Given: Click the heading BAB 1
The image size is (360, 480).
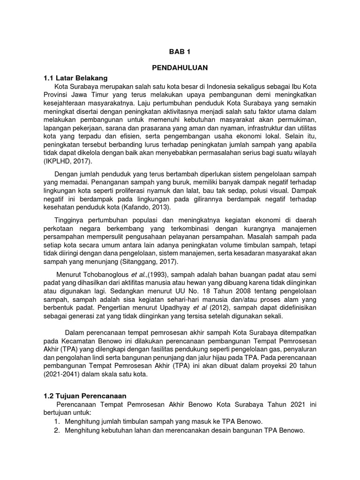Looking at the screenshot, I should click(x=180, y=51).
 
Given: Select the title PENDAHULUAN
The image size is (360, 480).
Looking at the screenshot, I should click(x=180, y=68).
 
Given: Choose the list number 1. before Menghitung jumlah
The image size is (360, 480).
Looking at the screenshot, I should click(x=56, y=421).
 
